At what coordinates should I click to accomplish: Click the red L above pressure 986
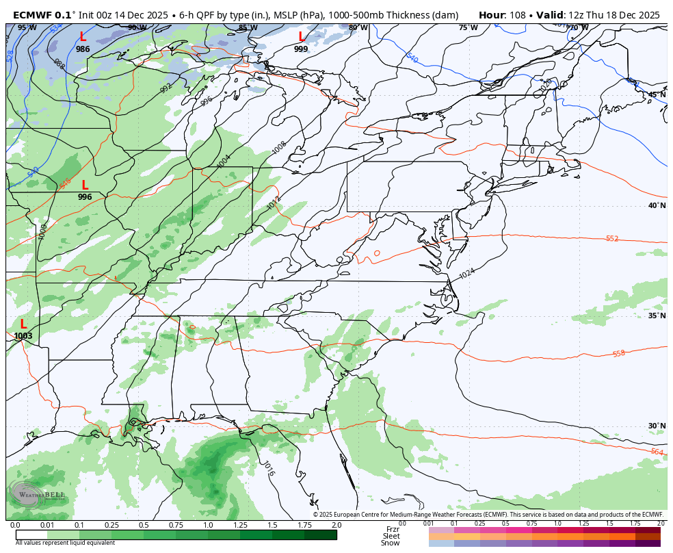point(83,37)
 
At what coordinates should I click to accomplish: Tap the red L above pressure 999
point(301,37)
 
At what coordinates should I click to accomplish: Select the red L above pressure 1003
point(23,324)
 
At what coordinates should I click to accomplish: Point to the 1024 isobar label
point(466,274)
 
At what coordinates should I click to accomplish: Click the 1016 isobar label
point(269,468)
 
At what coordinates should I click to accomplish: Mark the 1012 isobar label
point(273,203)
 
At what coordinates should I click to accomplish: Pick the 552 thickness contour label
point(612,238)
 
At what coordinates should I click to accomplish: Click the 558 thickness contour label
point(618,354)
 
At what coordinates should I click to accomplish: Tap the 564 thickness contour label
point(657,452)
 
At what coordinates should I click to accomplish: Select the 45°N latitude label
point(657,95)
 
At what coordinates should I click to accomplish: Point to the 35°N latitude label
point(657,316)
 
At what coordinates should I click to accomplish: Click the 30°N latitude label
point(657,426)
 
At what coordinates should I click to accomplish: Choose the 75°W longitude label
point(468,28)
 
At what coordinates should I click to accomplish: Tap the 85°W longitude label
point(248,28)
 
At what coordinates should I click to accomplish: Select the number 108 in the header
point(518,15)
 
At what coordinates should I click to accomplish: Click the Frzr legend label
point(393,529)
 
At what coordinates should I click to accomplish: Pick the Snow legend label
point(391,543)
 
